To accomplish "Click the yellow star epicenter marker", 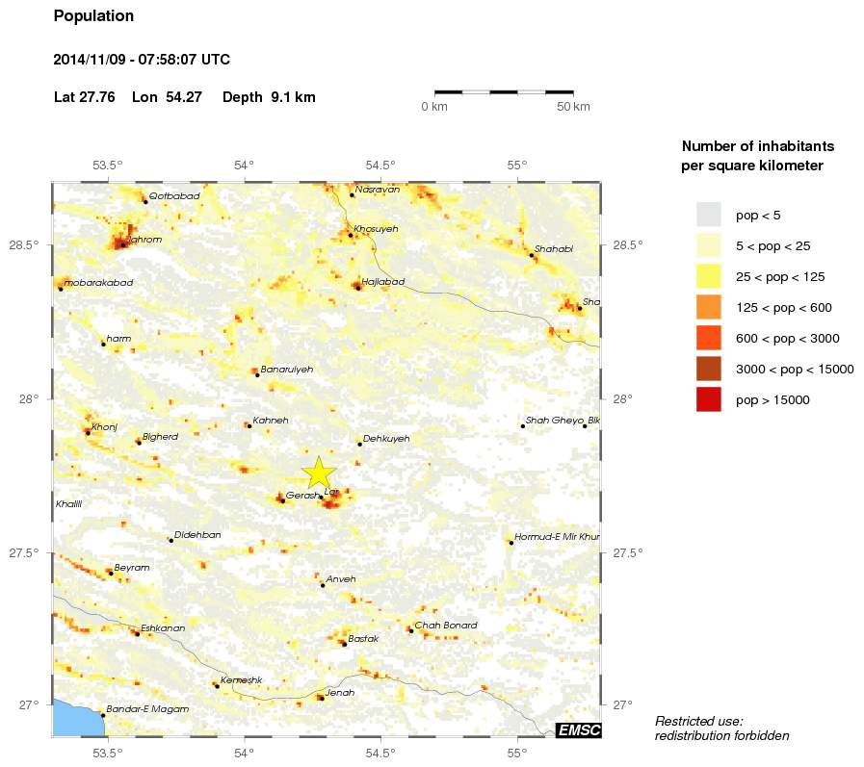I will coord(319,473).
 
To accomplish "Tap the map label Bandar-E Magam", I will coord(147,708).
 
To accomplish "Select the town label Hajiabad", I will coord(383,281).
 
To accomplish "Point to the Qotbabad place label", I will coord(175,196).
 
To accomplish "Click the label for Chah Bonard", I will coord(445,626).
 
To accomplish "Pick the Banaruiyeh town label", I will coord(287,369).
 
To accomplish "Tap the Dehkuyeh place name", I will coord(386,438).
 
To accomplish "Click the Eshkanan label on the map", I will coord(163,627).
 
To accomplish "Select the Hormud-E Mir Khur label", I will coord(558,536).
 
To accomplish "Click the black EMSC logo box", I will coord(579,730).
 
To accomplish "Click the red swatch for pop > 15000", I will coord(708,399).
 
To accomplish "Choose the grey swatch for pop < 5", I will coord(708,214).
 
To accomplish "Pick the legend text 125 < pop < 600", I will coord(783,307).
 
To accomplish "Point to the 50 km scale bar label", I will coord(573,106).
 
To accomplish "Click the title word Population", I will coord(93,16).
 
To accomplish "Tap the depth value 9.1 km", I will coord(293,97).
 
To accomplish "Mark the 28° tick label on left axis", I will coord(36,398).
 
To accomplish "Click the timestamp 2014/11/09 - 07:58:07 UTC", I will coord(142,60).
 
